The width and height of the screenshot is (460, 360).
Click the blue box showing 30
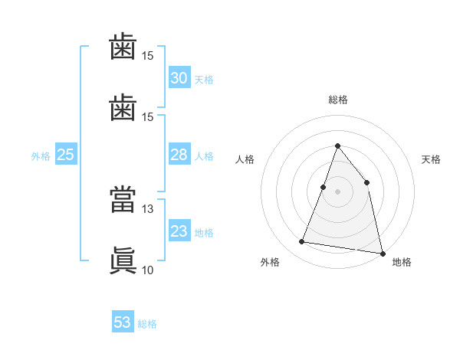point(179,77)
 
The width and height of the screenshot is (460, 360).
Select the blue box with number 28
point(179,154)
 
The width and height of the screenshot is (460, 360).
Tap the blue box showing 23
point(179,230)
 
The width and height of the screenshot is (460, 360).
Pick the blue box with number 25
point(66,154)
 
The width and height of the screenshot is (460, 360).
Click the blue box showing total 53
point(123,321)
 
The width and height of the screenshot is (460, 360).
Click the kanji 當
point(123,199)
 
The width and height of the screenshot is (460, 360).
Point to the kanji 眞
point(123,260)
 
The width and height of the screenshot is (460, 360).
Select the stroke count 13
point(147,209)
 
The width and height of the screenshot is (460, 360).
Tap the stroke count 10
point(147,270)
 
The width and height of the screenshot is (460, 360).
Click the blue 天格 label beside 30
point(204,80)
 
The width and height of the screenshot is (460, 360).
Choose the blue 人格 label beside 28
point(204,156)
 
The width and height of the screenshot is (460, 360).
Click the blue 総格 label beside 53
point(147,324)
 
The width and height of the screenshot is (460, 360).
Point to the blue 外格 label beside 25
point(41,156)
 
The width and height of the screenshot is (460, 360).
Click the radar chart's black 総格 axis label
point(338,100)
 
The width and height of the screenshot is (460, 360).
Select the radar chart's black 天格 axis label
point(431,159)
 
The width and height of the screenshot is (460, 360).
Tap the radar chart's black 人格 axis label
point(245,159)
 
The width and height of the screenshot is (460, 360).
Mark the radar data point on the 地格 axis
point(383,254)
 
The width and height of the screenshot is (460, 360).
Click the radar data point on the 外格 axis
point(301,241)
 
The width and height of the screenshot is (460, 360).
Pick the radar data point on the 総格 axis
point(337,146)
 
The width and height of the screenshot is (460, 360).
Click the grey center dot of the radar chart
point(337,191)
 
